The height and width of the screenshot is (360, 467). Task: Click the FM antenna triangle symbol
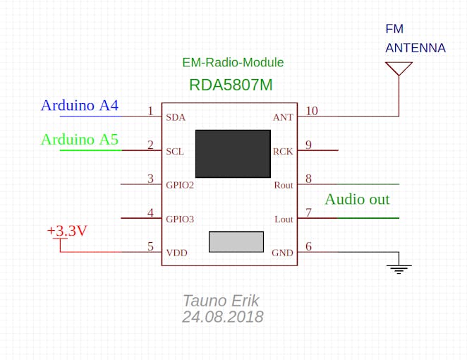pyautogui.click(x=399, y=68)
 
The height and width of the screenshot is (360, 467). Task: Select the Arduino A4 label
pyautogui.click(x=79, y=106)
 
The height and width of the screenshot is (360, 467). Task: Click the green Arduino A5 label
pyautogui.click(x=79, y=139)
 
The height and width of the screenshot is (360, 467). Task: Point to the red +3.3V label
pyautogui.click(x=67, y=231)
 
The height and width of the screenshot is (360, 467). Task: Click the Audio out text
pyautogui.click(x=357, y=200)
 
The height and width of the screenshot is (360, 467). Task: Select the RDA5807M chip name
pyautogui.click(x=231, y=85)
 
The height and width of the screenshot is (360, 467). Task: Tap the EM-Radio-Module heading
pyautogui.click(x=233, y=63)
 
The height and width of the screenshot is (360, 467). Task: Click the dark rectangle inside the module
pyautogui.click(x=233, y=153)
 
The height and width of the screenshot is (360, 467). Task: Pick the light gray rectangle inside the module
pyautogui.click(x=236, y=241)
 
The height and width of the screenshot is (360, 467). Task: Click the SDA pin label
pyautogui.click(x=176, y=117)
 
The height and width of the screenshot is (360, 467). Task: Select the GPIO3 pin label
pyautogui.click(x=180, y=220)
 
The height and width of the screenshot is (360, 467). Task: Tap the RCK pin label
pyautogui.click(x=282, y=152)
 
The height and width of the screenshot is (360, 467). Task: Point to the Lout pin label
pyautogui.click(x=283, y=220)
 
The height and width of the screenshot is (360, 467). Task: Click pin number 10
pyautogui.click(x=311, y=111)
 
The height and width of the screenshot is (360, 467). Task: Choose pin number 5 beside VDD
pyautogui.click(x=150, y=246)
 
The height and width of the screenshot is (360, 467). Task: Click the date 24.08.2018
pyautogui.click(x=222, y=317)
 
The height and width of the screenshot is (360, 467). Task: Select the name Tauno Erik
pyautogui.click(x=221, y=300)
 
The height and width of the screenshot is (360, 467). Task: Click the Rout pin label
pyautogui.click(x=283, y=186)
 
